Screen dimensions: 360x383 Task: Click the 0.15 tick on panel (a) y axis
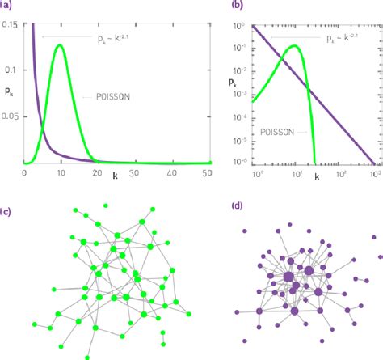(x=11, y=25)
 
